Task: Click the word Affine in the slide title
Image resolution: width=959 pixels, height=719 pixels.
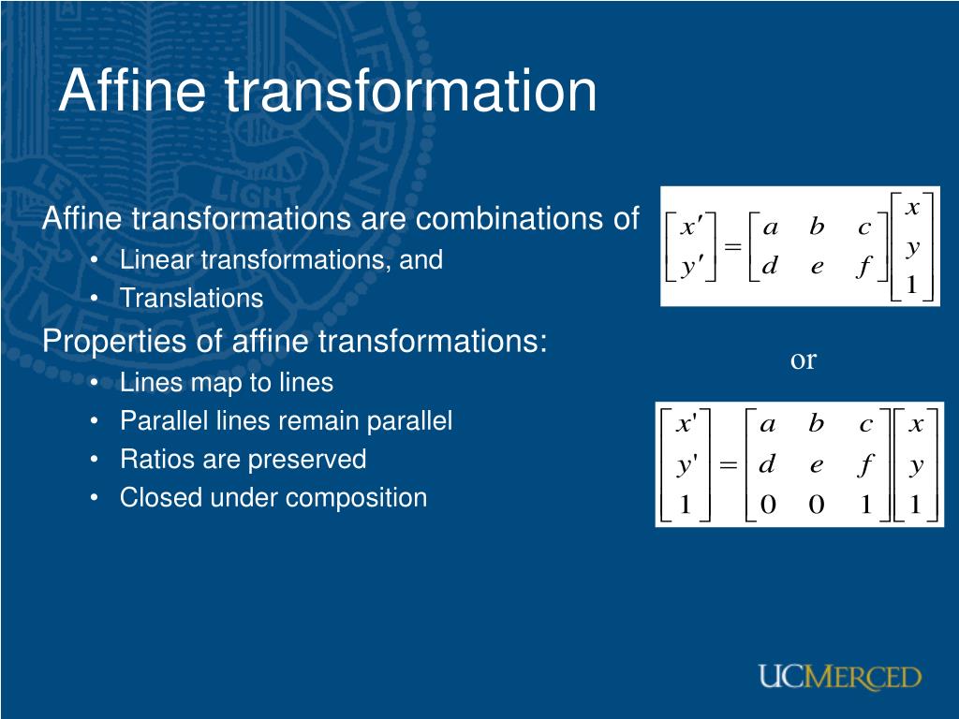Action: (x=132, y=90)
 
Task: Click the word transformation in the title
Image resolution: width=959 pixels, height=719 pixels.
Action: (x=411, y=91)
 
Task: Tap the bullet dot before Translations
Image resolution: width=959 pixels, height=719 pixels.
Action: (x=95, y=299)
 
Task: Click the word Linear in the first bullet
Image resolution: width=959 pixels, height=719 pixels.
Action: (x=156, y=259)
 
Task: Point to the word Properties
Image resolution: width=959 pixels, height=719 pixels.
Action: (x=114, y=341)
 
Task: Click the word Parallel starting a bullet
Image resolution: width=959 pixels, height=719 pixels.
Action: (x=162, y=420)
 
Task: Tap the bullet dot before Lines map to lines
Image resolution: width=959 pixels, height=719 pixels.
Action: (x=95, y=383)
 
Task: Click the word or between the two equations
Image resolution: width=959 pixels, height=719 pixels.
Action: (x=803, y=360)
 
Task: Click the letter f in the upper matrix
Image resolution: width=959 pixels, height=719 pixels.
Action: (x=863, y=266)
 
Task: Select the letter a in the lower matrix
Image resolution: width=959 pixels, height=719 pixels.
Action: (x=768, y=424)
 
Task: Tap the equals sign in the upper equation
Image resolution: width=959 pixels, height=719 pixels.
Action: (x=732, y=247)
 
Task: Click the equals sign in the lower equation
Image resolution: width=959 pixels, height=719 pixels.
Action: (x=728, y=464)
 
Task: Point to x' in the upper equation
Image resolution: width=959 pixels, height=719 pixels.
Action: (x=690, y=227)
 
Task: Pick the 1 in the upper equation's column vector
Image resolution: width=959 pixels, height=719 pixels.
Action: (x=911, y=285)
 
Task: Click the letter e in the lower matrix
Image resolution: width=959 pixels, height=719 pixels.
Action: (x=817, y=465)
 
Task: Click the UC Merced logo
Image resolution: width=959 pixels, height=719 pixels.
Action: (x=840, y=677)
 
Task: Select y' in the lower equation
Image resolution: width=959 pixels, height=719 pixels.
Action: (x=686, y=466)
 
